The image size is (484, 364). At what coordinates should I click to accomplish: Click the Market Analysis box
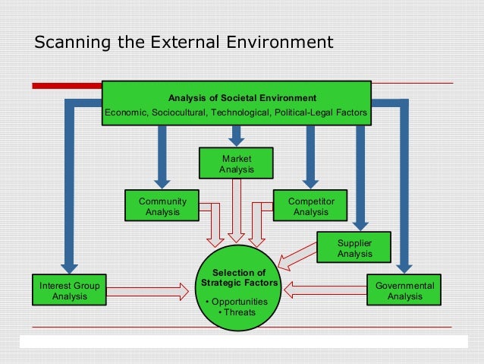click(237, 163)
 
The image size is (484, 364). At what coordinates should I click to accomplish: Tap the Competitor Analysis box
click(311, 206)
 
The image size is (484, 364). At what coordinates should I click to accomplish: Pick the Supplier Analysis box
click(354, 248)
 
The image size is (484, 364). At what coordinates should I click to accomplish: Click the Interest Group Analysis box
click(69, 290)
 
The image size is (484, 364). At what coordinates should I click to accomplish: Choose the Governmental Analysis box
click(404, 290)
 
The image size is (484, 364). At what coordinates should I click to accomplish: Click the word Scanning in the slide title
click(71, 42)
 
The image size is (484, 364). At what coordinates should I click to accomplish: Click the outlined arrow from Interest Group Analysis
click(148, 290)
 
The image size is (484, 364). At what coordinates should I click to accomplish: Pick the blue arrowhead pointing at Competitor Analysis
click(310, 180)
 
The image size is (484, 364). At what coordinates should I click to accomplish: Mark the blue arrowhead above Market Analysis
click(237, 140)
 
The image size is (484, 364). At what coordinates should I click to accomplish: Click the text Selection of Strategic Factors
click(239, 278)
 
